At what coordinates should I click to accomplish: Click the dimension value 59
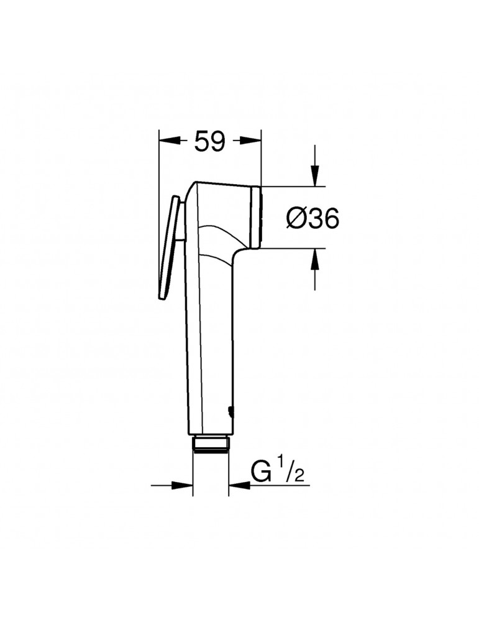[209, 142]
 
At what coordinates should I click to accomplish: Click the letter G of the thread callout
[262, 472]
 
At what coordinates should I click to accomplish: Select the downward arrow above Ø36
[316, 178]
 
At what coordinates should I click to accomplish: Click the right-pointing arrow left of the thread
[186, 485]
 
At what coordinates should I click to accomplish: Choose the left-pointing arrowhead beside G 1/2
[236, 485]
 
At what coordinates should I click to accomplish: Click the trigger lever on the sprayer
[170, 249]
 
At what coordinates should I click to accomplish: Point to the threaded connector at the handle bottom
[211, 444]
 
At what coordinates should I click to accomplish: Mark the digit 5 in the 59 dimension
[201, 142]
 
